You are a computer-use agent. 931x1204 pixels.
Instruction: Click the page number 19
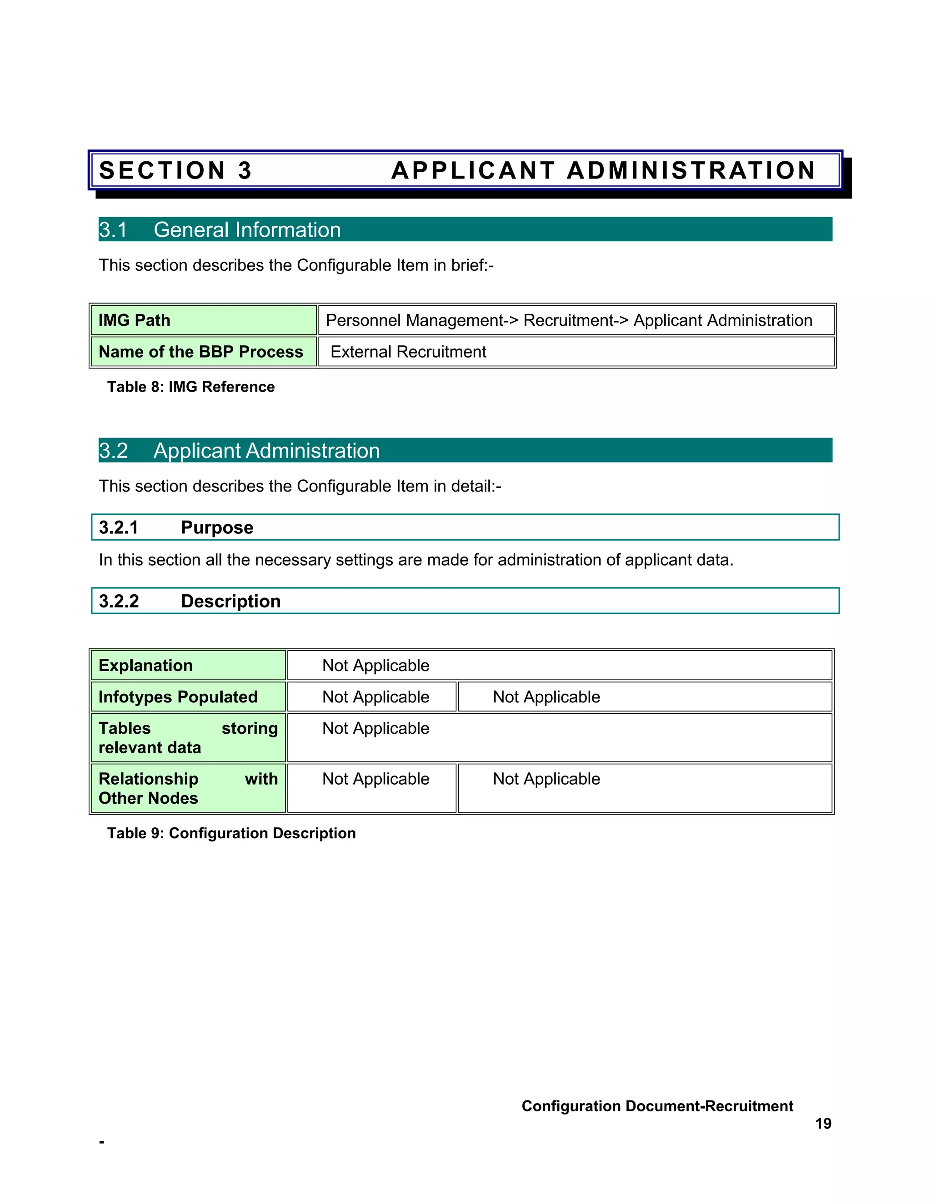point(822,1123)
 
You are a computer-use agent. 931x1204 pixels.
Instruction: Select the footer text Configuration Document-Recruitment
point(657,1105)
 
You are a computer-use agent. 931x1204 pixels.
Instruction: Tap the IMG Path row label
point(134,320)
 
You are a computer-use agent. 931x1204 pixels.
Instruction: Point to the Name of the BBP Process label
point(201,352)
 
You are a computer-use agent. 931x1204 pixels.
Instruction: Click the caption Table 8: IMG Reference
point(191,387)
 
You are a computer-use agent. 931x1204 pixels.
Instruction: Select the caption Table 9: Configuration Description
point(231,833)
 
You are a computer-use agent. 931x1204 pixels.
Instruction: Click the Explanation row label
point(145,666)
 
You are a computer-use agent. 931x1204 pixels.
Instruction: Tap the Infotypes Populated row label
point(178,697)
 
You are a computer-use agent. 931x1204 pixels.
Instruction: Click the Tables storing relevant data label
point(188,737)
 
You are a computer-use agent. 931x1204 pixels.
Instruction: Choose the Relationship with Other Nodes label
point(188,788)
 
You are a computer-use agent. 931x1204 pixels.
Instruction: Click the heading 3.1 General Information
point(220,230)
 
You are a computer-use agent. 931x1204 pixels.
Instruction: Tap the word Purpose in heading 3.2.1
point(217,527)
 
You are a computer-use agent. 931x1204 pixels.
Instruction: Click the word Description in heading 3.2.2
point(230,601)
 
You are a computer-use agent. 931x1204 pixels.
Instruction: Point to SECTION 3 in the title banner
point(175,170)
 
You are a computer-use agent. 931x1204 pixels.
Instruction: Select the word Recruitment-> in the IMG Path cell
point(575,320)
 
